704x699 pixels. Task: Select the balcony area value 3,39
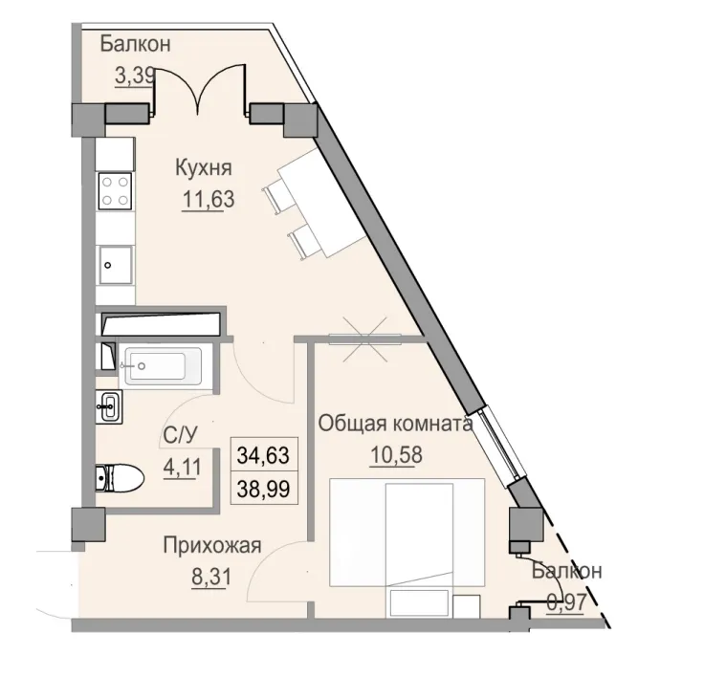point(135,75)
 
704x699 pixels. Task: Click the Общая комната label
point(395,423)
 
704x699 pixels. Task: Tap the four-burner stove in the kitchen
point(116,188)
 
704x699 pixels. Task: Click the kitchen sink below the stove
point(116,259)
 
